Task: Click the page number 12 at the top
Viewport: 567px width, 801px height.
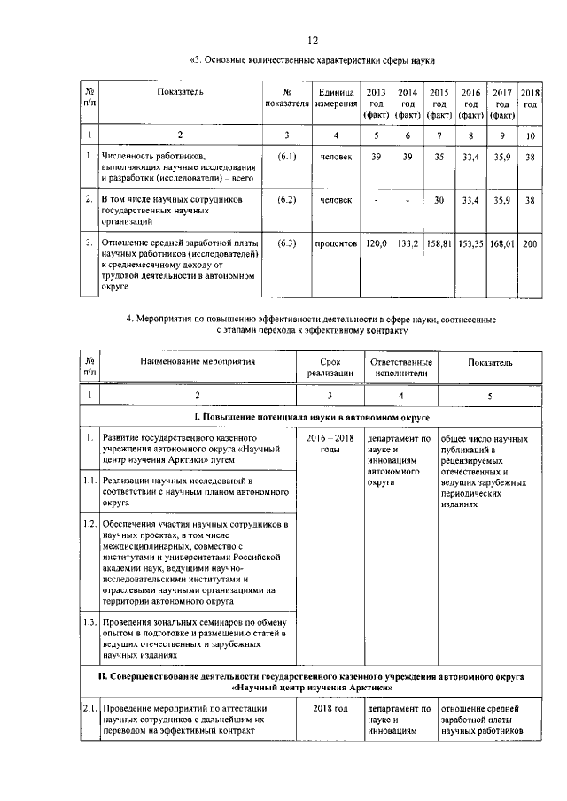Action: pos(312,41)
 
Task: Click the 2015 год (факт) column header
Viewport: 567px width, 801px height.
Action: pos(439,104)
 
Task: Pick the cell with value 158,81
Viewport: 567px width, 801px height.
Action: pos(439,242)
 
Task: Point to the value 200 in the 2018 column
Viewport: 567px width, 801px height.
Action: pos(531,242)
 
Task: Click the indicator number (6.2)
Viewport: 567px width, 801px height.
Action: pos(286,200)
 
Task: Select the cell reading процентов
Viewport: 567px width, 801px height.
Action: pos(337,242)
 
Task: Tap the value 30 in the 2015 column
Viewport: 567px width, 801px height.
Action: pos(439,200)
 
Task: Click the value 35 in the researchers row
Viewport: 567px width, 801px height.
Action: pos(439,157)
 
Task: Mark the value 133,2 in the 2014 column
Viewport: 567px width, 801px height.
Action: pos(408,242)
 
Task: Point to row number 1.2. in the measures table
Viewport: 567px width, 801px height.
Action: pos(89,525)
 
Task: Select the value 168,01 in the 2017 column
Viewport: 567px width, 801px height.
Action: pos(501,242)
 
